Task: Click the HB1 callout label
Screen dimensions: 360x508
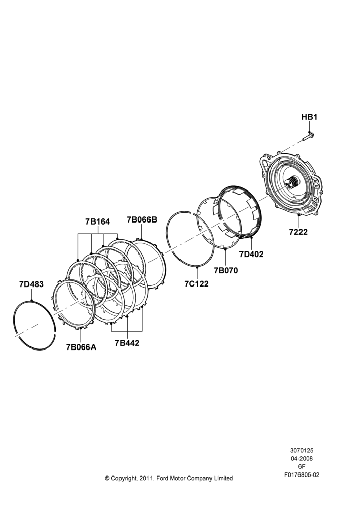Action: click(x=309, y=117)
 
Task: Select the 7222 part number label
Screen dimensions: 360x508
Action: click(x=298, y=232)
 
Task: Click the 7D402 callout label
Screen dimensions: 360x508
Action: click(x=251, y=255)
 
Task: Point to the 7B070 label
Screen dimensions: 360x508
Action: click(x=226, y=270)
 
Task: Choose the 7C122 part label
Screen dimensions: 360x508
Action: click(x=197, y=284)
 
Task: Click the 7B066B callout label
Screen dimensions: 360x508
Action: click(x=142, y=219)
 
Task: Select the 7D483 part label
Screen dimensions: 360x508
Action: click(x=31, y=284)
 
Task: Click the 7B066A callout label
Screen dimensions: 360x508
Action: click(x=81, y=347)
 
